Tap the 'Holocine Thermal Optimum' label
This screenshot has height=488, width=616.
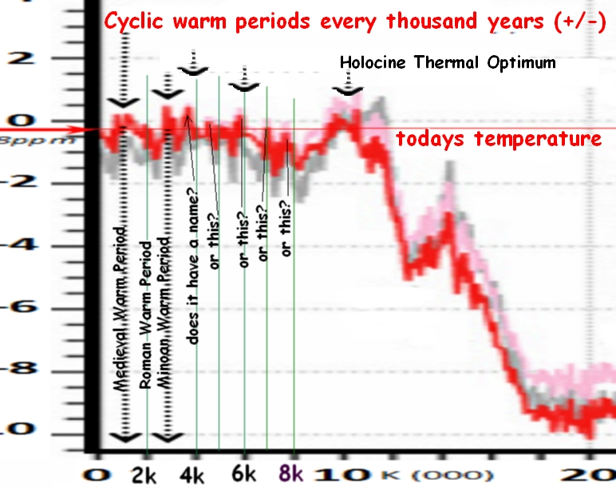[448, 62]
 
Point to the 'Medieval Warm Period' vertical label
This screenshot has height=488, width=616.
[120, 307]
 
